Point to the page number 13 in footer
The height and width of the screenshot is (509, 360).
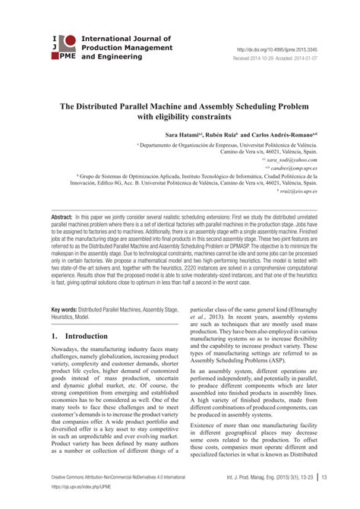pyautogui.click(x=324, y=498)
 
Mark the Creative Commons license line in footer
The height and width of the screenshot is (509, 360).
pyautogui.click(x=117, y=497)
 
